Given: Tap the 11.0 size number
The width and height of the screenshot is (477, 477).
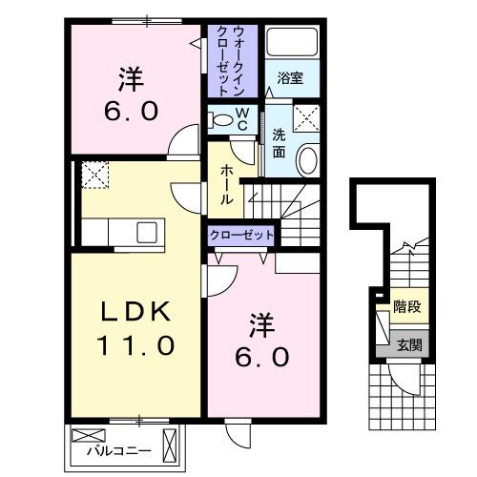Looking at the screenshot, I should [x=135, y=344].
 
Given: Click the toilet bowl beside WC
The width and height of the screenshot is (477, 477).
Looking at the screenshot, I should [x=221, y=119].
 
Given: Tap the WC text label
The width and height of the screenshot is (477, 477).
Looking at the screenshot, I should [x=242, y=120].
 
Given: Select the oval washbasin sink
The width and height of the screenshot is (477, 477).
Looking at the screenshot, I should [x=308, y=160].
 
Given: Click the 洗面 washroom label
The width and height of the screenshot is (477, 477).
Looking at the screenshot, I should [x=279, y=142].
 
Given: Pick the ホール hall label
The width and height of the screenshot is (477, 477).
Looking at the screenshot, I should [x=227, y=184].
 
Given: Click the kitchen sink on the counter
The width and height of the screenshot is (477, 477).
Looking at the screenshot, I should [x=148, y=232].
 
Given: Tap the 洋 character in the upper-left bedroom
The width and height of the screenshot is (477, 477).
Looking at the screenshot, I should [x=125, y=73].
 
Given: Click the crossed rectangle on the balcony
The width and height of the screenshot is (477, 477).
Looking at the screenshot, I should [x=171, y=444].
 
